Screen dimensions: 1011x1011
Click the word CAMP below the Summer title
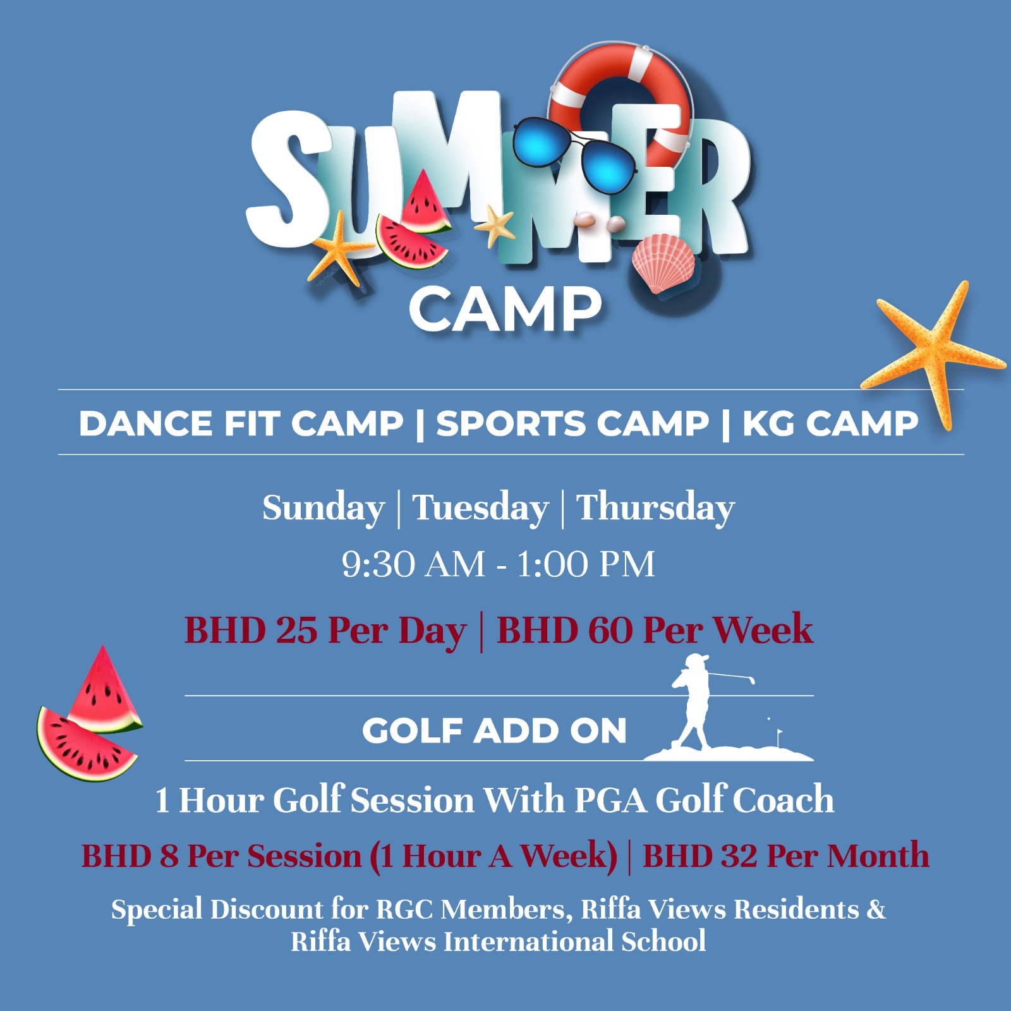click(505, 309)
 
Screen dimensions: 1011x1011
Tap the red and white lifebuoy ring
click(663, 70)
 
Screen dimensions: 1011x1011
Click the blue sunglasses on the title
click(574, 154)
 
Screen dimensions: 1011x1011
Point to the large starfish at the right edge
click(933, 351)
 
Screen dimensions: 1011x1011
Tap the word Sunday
click(324, 508)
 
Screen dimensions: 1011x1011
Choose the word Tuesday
click(480, 508)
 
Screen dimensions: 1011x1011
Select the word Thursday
click(655, 508)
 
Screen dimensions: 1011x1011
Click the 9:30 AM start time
click(413, 564)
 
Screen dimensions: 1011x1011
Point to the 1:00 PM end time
click(586, 564)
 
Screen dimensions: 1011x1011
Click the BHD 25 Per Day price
click(325, 631)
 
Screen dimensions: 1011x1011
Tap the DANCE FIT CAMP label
click(241, 423)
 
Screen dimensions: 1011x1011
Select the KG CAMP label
click(830, 423)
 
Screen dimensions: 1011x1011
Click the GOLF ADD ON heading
click(494, 731)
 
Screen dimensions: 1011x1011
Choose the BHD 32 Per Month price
click(786, 856)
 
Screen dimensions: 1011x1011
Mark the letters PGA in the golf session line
click(610, 801)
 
